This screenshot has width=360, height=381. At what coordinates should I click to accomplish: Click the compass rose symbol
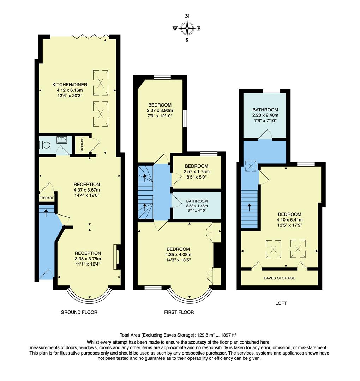point(187,28)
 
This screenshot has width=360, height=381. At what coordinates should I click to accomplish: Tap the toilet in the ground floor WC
point(43,145)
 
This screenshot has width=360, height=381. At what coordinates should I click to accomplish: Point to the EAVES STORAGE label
point(279,278)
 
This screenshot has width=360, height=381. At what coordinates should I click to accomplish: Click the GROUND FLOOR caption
point(79,312)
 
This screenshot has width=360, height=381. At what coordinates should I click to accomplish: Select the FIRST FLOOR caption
point(179,312)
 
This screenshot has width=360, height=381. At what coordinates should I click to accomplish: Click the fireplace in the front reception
point(116,257)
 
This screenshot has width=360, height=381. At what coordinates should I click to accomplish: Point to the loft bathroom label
point(265,110)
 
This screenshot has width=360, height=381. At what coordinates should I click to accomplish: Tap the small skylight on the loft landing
point(251,166)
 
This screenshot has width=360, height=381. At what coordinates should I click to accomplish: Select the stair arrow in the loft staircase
point(250,206)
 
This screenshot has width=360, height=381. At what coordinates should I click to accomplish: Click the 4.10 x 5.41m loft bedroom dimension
point(289,220)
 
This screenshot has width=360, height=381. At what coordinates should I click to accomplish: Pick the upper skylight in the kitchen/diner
point(101,83)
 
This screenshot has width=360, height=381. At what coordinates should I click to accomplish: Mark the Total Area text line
point(180,335)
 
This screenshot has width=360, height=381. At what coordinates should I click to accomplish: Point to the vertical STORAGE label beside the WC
point(82,144)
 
